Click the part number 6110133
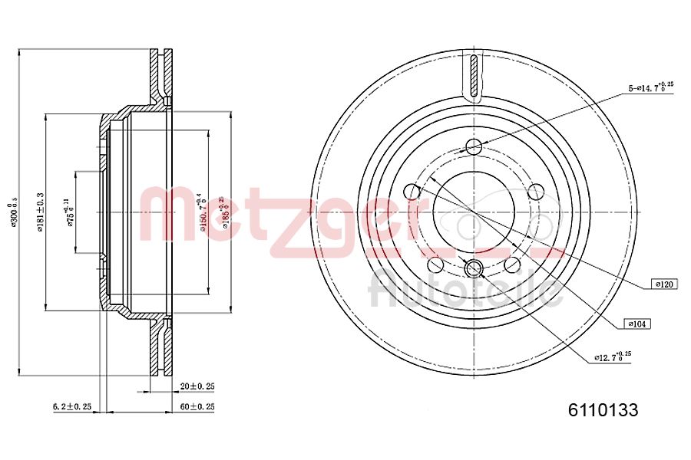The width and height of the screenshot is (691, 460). click(x=603, y=410)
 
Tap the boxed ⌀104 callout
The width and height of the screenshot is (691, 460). click(x=637, y=324)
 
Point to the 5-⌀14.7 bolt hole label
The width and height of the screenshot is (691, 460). click(x=650, y=88)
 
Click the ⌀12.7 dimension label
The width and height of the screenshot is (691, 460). click(x=612, y=356)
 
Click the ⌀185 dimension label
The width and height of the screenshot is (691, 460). click(x=223, y=212)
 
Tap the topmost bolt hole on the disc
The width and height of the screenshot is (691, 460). click(x=474, y=146)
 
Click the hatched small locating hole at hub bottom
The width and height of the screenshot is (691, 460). click(x=474, y=268)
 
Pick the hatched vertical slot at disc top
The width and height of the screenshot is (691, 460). click(x=474, y=76)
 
